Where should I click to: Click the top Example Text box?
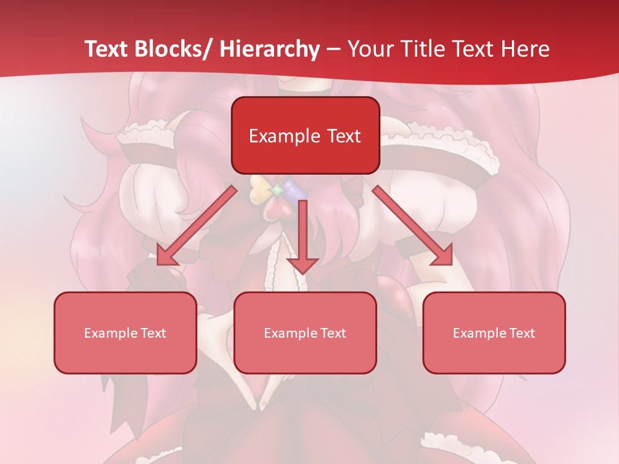click(x=305, y=135)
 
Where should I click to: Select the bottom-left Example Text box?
click(x=125, y=333)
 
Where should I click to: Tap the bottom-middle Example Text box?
click(x=305, y=333)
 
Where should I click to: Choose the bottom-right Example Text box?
click(x=494, y=333)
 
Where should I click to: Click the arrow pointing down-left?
click(x=197, y=226)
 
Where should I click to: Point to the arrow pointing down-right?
click(x=413, y=226)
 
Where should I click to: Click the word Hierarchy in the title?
click(x=270, y=49)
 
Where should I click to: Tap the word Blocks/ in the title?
click(x=176, y=49)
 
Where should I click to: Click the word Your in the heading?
click(x=369, y=49)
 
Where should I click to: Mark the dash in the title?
click(x=334, y=49)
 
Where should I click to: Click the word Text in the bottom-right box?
click(x=522, y=333)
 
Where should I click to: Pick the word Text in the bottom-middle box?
click(x=333, y=333)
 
